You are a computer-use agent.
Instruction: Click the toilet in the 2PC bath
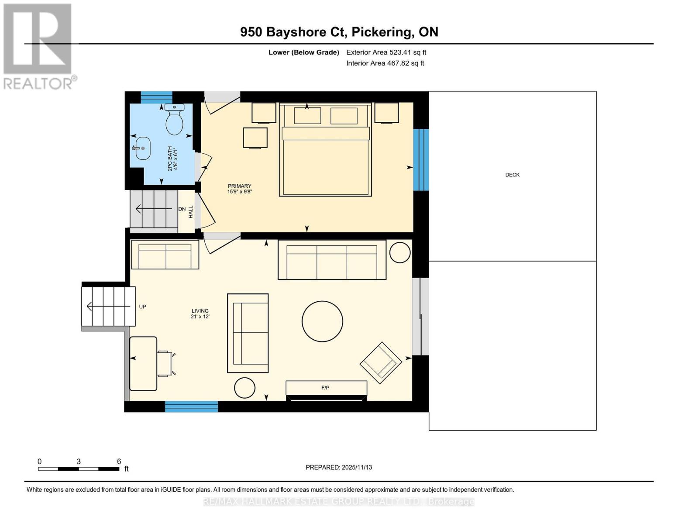[x=174, y=121]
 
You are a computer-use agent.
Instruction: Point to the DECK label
[x=512, y=175]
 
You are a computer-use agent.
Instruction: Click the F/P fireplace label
[x=325, y=388]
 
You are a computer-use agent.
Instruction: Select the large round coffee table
[x=322, y=321]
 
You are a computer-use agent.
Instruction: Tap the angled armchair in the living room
[x=381, y=362]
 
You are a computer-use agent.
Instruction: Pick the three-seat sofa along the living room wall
[x=332, y=260]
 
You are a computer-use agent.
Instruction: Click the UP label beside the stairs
[x=142, y=307]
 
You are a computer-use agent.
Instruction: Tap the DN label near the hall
[x=182, y=209]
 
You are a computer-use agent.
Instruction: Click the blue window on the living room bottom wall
[x=191, y=407]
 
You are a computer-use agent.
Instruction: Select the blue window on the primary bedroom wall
[x=421, y=160]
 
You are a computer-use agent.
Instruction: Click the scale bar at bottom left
[x=79, y=469]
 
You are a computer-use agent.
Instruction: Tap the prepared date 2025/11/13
[x=339, y=467]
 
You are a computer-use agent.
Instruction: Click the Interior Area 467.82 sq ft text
[x=385, y=63]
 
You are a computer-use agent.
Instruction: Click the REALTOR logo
[x=38, y=46]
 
